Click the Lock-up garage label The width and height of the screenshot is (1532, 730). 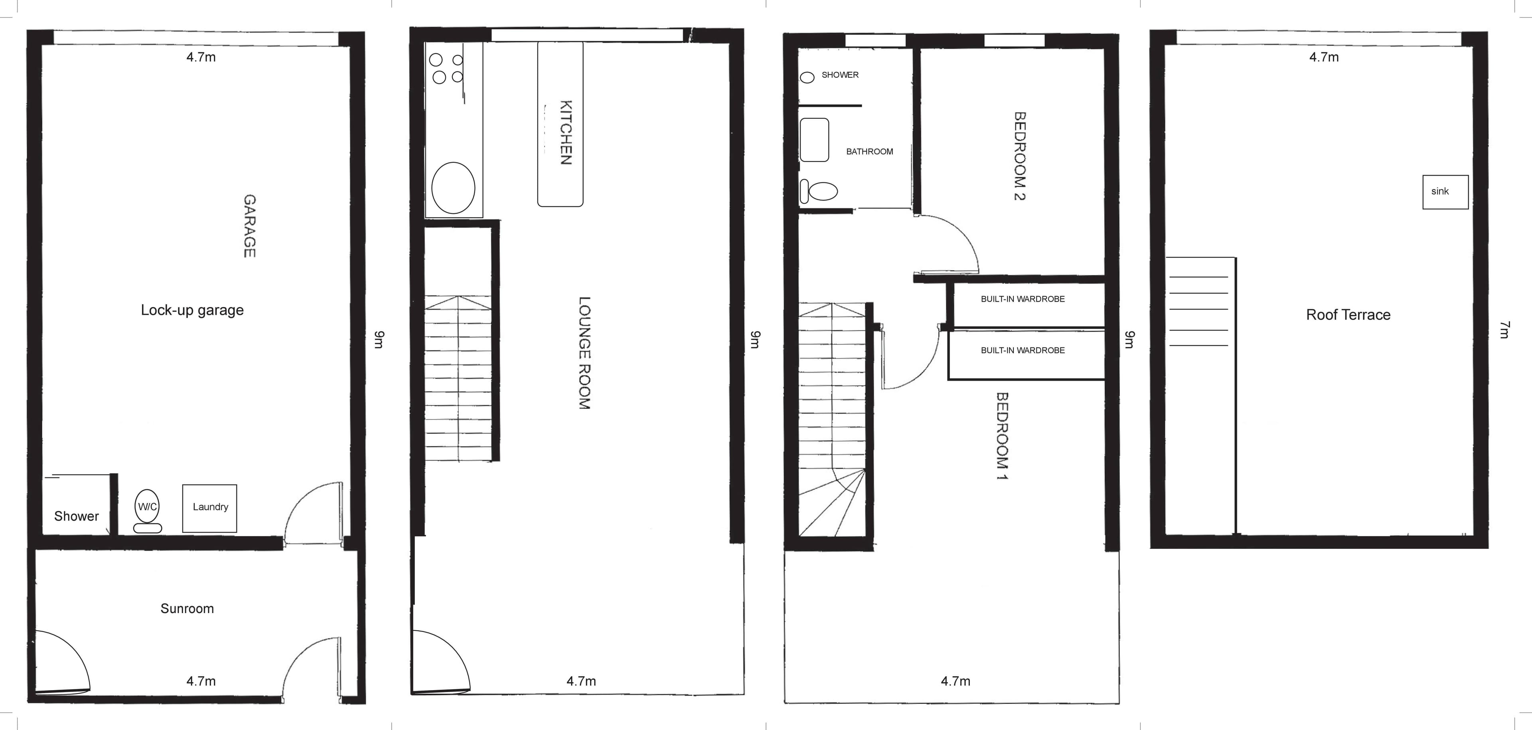(x=192, y=311)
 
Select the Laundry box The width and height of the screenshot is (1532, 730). (x=209, y=508)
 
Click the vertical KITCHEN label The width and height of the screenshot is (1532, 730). (x=566, y=132)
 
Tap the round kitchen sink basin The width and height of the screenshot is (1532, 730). (x=453, y=188)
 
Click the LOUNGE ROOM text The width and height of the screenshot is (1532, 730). (x=584, y=353)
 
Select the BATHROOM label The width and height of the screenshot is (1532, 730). (x=869, y=152)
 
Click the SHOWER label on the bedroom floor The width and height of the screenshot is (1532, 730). (x=840, y=75)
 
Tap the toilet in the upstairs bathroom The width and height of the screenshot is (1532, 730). (x=819, y=191)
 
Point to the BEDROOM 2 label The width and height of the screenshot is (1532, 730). (x=1019, y=156)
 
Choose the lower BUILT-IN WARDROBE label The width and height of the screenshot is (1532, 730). (x=1023, y=350)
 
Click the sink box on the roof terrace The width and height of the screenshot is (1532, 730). (x=1445, y=192)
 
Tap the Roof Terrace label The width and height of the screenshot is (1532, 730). (x=1348, y=315)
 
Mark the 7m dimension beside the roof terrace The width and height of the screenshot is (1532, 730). (x=1504, y=330)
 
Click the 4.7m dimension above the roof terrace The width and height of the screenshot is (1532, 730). (x=1324, y=57)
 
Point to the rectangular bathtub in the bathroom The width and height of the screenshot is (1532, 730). (x=814, y=140)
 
